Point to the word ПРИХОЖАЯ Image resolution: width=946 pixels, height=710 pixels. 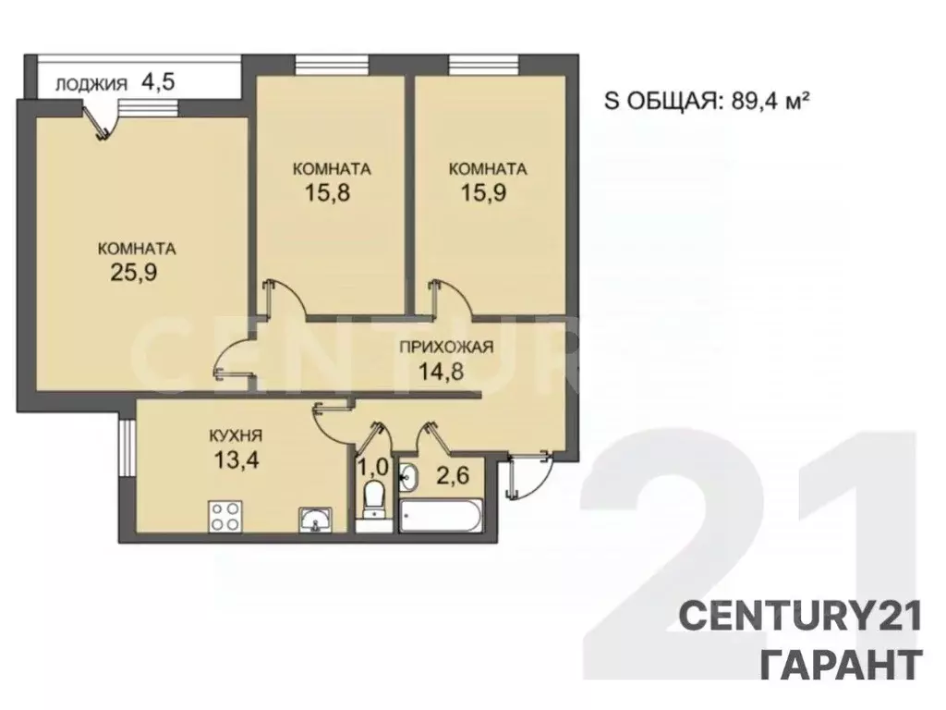446,348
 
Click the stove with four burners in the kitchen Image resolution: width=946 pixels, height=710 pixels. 224,515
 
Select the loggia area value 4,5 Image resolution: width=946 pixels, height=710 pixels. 158,81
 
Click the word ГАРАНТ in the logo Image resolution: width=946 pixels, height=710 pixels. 840,664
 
